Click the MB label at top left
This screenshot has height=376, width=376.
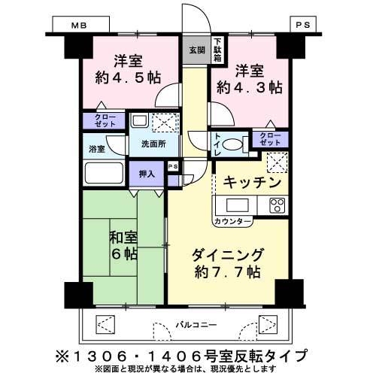pos(79,25)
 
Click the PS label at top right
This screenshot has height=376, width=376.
pos(302,25)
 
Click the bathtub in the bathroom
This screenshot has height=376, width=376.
pos(104,172)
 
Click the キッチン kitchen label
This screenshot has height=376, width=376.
pos(252,183)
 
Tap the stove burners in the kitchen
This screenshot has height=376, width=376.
pos(276,205)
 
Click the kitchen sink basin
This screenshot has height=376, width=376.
pos(234,205)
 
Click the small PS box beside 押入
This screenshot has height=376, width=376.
pos(173,167)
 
